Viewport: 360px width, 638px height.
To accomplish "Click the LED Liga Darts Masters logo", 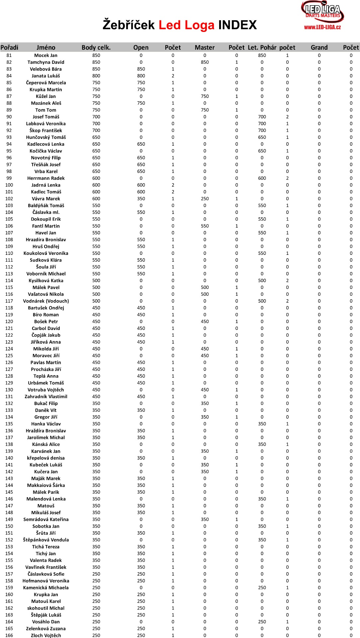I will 322,12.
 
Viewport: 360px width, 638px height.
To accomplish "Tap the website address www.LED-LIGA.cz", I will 322,27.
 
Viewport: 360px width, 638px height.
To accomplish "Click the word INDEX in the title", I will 237,25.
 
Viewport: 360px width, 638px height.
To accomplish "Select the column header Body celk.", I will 96,48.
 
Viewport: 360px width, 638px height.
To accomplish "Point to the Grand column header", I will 319,48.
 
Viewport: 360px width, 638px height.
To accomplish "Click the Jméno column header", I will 46,48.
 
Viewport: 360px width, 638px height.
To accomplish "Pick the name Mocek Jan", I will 46,55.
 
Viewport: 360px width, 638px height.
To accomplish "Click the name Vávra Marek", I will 46,199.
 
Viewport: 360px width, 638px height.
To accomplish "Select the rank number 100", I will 9,185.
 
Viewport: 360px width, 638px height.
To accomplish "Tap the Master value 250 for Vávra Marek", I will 205,199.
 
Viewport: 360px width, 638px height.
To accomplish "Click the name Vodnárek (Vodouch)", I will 46,301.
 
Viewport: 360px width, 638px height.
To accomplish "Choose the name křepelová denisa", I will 46,458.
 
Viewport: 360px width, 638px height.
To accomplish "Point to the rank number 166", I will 9,635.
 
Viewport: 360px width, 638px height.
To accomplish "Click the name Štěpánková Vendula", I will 46,540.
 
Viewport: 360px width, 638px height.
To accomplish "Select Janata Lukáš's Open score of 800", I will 141,76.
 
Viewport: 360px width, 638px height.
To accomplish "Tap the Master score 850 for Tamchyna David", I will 205,62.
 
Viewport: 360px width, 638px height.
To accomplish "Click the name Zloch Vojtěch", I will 46,635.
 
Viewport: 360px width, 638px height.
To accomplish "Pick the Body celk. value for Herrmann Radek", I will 96,178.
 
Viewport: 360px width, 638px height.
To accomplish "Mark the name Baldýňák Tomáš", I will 46,206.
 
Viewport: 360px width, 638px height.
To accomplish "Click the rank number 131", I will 9,396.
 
